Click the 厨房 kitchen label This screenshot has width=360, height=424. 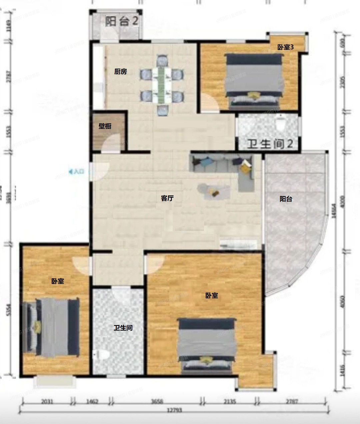pos(120,72)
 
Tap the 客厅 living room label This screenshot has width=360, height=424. pos(167,198)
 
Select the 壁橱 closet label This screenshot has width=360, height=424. pos(105,126)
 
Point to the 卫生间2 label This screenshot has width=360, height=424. pos(270,144)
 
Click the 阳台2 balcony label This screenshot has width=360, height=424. pos(122,22)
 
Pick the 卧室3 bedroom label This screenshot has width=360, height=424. pos(285,47)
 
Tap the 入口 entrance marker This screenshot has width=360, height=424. pos(77,172)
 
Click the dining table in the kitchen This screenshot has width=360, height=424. pos(162,85)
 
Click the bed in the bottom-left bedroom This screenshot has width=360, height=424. pos(52,327)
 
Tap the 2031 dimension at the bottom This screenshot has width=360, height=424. pos(47,402)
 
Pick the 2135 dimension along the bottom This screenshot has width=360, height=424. pos(230,402)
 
